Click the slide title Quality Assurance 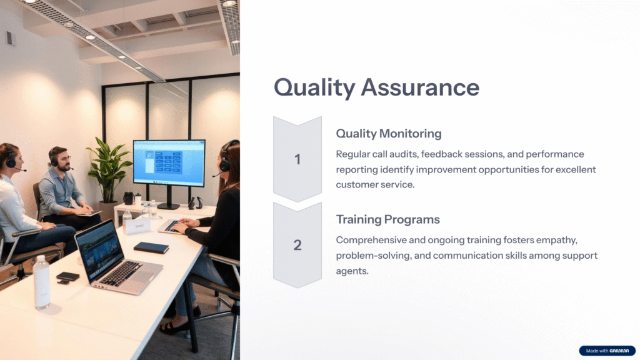(x=376, y=87)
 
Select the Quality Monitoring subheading (x=389, y=134)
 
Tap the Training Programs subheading (x=387, y=219)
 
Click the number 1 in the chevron (x=297, y=159)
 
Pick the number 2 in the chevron (x=297, y=245)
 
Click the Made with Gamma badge (x=607, y=351)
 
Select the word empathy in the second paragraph (x=557, y=241)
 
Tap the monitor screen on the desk (x=169, y=162)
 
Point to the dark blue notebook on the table (x=151, y=247)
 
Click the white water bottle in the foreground (x=42, y=282)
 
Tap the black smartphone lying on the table (x=67, y=276)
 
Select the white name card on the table (x=138, y=226)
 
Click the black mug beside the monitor (x=129, y=198)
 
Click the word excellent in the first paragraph (x=576, y=169)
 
